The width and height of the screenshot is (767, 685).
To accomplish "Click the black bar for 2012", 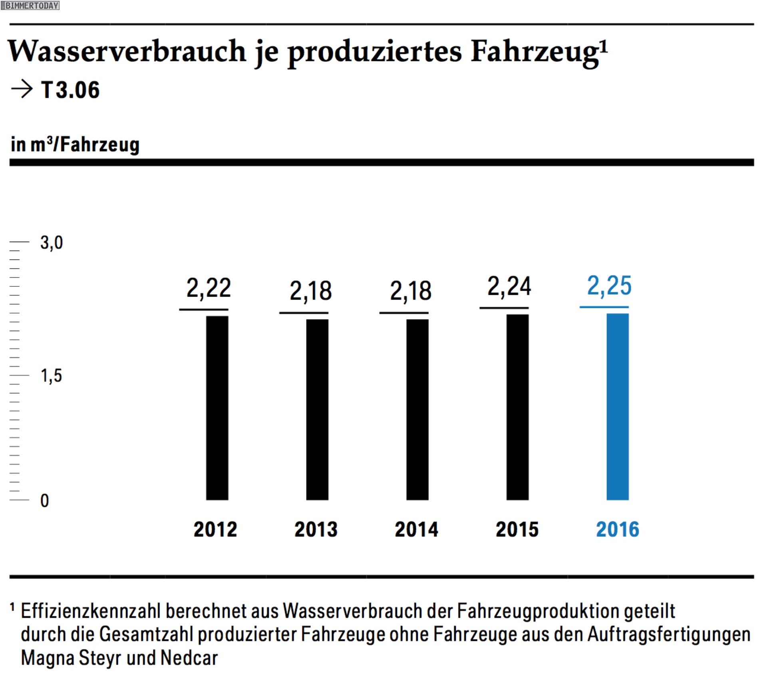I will point(217,407).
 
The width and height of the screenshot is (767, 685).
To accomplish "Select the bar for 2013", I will point(317,409).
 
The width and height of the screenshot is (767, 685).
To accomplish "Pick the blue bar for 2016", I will point(618,406).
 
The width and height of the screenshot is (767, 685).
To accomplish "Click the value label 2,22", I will point(209,288).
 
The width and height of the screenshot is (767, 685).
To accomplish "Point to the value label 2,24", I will point(509,286).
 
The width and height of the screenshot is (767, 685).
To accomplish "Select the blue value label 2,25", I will point(609,286).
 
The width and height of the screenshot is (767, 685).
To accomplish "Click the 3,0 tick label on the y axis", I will point(52,242).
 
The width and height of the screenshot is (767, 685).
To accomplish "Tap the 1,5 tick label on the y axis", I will point(52,375).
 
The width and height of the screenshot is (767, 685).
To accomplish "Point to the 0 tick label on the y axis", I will point(45,500).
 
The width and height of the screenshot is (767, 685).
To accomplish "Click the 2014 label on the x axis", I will point(416,529).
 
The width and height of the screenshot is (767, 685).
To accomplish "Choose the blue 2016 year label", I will point(618,529).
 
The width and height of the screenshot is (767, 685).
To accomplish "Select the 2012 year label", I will point(215,529).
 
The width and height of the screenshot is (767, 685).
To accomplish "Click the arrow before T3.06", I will point(22,89).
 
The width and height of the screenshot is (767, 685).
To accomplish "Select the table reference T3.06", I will point(70,89).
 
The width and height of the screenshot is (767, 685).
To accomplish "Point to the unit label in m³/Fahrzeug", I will point(75,144).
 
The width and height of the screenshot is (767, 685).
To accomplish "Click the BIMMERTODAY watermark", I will point(30,5).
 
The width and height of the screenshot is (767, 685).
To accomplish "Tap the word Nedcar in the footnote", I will point(189,657).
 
